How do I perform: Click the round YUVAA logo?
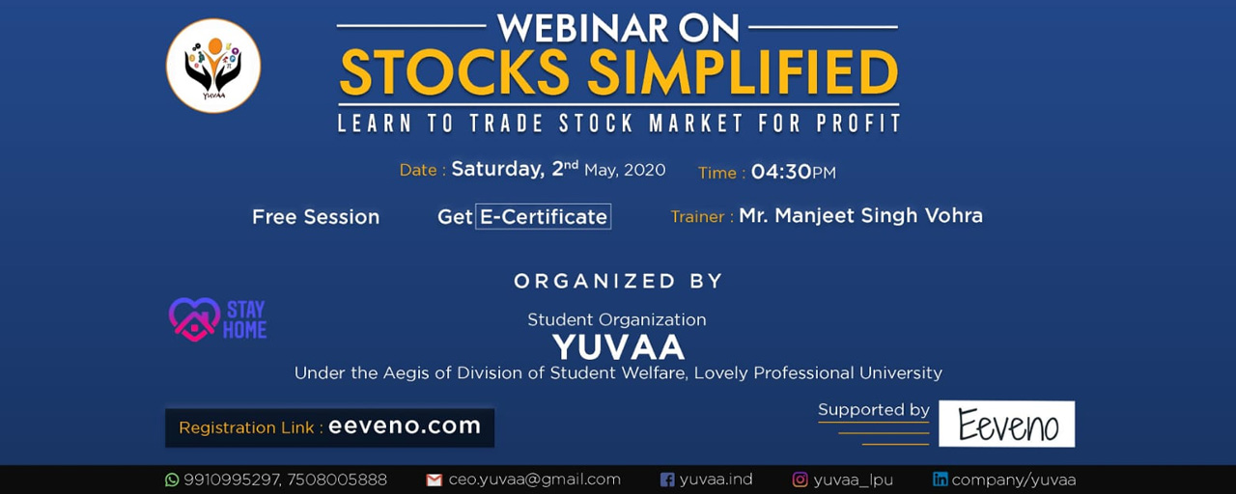213,67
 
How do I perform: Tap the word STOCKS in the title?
454,72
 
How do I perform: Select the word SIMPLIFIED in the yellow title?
743,72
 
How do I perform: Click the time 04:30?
781,172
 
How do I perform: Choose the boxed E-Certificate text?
544,216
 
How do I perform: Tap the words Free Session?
316,217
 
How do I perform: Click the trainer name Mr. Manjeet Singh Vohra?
860,215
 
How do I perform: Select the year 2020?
644,170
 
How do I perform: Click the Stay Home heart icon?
194,319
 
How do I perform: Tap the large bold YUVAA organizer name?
618,346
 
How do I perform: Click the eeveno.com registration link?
405,425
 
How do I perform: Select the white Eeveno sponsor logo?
1007,424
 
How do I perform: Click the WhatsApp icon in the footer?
172,480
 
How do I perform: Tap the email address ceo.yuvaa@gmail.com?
534,480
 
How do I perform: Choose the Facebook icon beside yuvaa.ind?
667,480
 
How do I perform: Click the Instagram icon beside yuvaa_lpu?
801,480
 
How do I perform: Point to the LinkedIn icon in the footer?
941,480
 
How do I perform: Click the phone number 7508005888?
337,480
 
